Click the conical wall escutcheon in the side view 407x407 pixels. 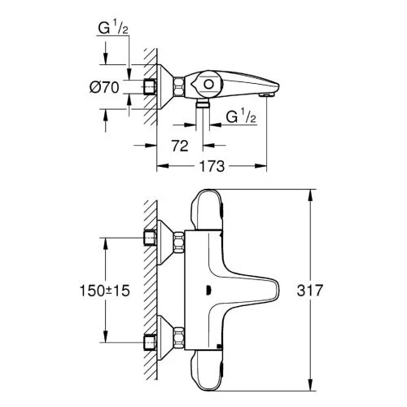coord(173,85)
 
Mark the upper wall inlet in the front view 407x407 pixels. coord(148,238)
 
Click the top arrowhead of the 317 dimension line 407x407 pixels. coord(310,195)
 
